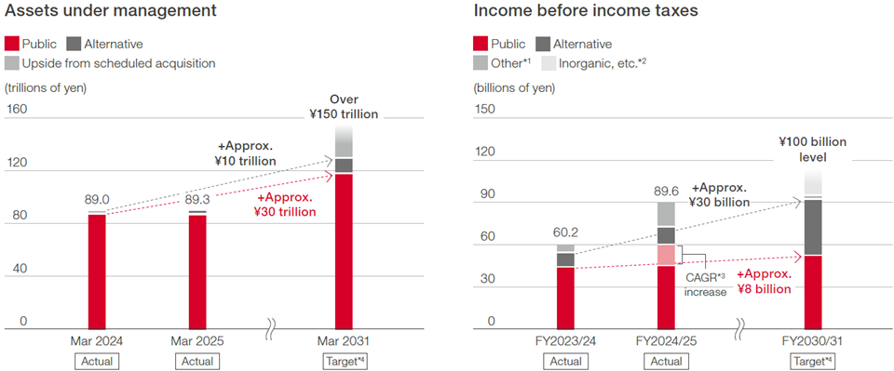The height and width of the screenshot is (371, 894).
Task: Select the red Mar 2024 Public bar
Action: [97, 270]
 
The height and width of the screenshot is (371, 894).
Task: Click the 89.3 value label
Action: [196, 200]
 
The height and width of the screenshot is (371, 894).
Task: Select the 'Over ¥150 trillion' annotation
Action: [345, 107]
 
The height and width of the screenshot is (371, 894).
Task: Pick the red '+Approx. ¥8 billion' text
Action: [764, 281]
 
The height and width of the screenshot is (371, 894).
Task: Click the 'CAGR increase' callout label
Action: [706, 284]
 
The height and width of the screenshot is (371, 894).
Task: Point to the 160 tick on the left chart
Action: [17, 109]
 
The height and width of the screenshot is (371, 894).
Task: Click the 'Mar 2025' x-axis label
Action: [197, 340]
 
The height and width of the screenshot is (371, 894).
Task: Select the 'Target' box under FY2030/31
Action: [813, 361]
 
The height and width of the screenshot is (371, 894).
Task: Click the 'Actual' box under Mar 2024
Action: [97, 361]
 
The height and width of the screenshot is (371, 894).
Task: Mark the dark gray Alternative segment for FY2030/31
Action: [813, 226]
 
